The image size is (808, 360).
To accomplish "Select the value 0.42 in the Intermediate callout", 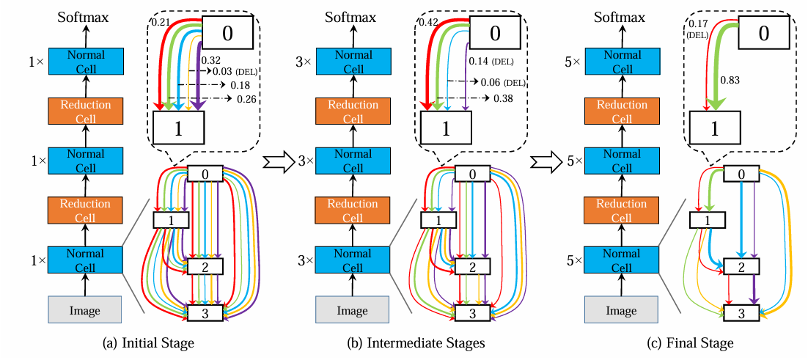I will coord(427,23).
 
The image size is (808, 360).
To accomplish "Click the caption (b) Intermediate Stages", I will coord(417,342).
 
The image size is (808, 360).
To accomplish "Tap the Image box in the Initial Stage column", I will coord(85,310).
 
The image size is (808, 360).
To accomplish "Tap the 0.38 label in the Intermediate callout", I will coord(502,98).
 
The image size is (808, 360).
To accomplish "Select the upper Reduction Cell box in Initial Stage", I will coord(85,111).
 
